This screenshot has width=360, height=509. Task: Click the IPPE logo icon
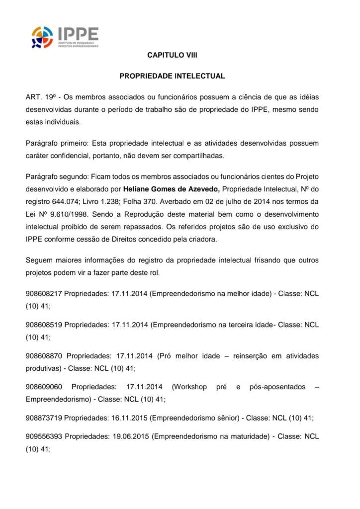43,37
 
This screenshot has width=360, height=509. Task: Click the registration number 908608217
44,294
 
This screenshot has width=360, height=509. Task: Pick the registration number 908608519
44,325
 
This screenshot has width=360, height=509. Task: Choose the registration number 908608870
44,356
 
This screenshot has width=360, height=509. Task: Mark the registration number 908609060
44,387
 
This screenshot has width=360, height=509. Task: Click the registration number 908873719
44,418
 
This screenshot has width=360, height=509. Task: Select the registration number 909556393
44,436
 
